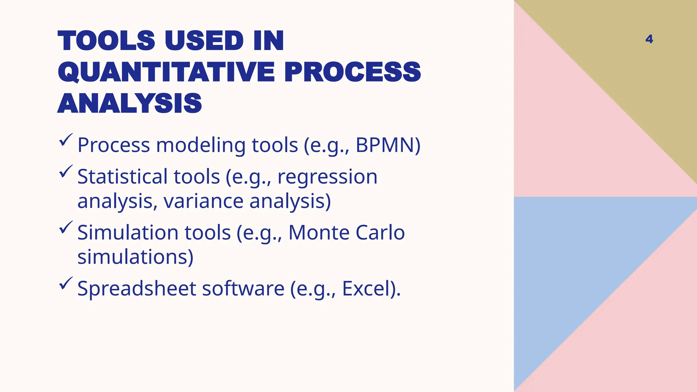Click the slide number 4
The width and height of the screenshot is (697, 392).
[649, 39]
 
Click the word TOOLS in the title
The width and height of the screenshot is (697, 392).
[107, 41]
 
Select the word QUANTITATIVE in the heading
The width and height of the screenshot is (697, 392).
[166, 72]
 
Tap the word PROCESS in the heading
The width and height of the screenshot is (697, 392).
[353, 72]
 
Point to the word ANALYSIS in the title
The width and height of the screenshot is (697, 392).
[130, 103]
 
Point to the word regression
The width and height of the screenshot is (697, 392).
[327, 177]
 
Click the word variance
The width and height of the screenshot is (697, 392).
[204, 201]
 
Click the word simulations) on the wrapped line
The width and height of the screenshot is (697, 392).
[135, 257]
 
